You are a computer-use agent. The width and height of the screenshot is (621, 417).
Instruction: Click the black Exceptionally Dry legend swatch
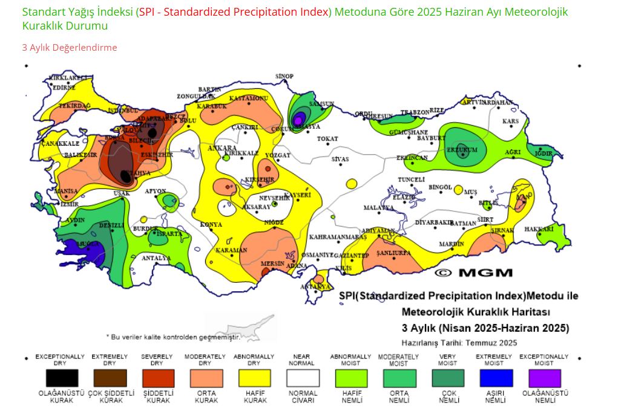(x=62, y=378)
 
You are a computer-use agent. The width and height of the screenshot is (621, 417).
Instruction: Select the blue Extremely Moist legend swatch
(x=493, y=378)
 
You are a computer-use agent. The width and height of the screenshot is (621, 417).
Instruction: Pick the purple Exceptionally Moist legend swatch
(x=543, y=378)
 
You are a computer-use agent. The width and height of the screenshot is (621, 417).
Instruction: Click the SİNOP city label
(x=284, y=77)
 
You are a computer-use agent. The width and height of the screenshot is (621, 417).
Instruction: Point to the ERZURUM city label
(x=462, y=149)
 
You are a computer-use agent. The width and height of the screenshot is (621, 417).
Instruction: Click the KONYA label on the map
(x=211, y=224)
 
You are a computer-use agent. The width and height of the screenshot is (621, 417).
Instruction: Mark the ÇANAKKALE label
(x=60, y=144)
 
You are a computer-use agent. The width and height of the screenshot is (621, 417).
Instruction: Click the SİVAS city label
(x=340, y=160)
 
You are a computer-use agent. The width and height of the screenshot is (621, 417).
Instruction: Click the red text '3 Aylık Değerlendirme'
(x=70, y=48)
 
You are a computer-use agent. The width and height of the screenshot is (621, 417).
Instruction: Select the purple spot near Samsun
(x=298, y=120)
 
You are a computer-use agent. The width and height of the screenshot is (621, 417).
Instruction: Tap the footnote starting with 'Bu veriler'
(x=173, y=336)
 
